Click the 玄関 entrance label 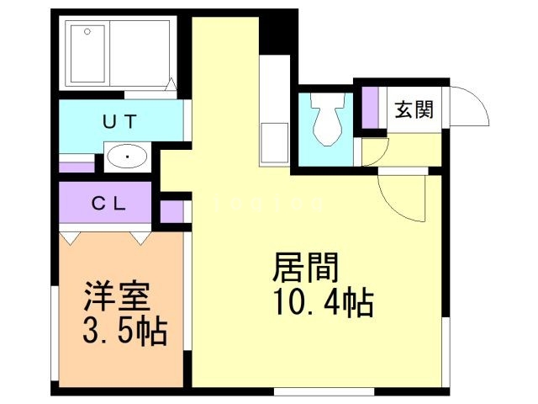(x=414, y=109)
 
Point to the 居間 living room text (x=306, y=268)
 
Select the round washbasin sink (x=127, y=157)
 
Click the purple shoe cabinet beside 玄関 (x=370, y=104)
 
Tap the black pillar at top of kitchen (x=273, y=34)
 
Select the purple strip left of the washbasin (x=78, y=166)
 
